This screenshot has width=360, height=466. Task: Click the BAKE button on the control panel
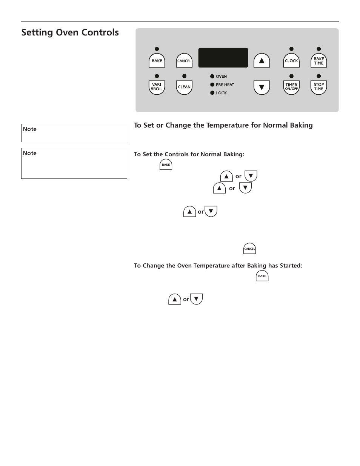tap(157, 61)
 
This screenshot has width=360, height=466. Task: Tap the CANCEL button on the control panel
tap(184, 61)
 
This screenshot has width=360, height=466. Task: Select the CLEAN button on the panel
tap(184, 87)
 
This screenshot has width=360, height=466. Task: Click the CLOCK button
tap(291, 61)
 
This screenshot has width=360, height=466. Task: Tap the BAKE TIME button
tap(318, 61)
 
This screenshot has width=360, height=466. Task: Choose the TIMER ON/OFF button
tap(291, 87)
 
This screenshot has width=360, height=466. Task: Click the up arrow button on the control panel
tap(262, 61)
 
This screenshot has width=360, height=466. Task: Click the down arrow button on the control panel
tap(262, 88)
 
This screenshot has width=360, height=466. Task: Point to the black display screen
tap(223, 58)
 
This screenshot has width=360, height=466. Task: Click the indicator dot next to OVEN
tap(212, 77)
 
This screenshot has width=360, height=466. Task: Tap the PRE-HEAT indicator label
tap(225, 85)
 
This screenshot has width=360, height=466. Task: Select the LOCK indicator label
tap(221, 93)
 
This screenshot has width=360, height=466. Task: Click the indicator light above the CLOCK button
tap(291, 49)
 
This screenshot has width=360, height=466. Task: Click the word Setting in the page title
tap(37, 33)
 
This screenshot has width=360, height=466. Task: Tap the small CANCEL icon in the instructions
tap(250, 249)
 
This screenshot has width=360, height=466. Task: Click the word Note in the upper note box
tap(30, 129)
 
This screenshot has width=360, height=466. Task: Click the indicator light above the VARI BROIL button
tap(157, 76)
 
